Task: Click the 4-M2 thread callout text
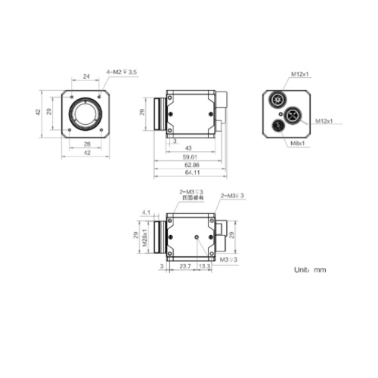[122, 73]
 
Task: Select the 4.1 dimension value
[147, 212]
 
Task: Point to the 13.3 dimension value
[205, 266]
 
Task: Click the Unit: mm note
[310, 269]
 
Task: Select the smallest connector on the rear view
[279, 125]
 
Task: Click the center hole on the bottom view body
[197, 237]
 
